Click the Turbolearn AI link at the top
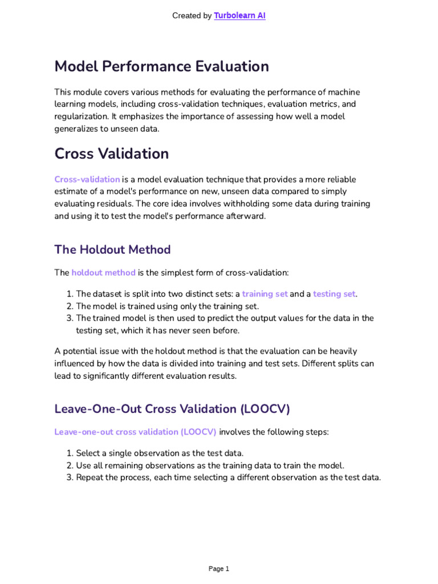click(x=240, y=16)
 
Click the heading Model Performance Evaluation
click(x=161, y=67)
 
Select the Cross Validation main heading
click(x=111, y=154)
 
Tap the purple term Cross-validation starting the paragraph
click(x=87, y=179)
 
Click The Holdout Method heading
click(x=112, y=250)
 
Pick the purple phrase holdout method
click(x=103, y=273)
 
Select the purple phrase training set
click(x=265, y=294)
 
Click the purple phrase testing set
click(x=334, y=294)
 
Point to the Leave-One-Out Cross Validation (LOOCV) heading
click(x=172, y=409)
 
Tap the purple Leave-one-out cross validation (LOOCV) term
click(x=135, y=432)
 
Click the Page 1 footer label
click(x=219, y=569)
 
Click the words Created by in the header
click(x=192, y=16)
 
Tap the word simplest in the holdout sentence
click(x=180, y=273)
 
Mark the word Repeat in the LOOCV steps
click(x=90, y=477)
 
